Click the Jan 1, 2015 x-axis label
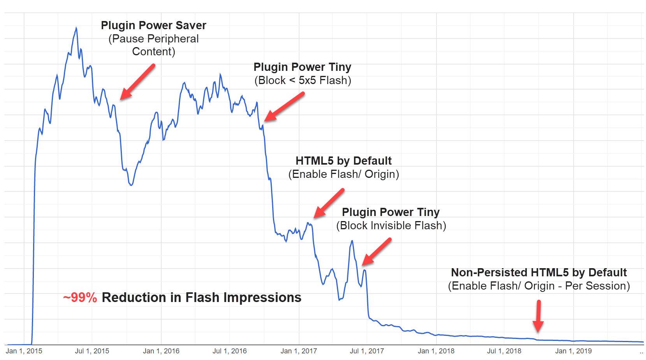coord(24,351)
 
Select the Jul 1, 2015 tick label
coord(92,351)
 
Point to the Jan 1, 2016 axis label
coord(161,351)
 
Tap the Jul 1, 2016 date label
coord(229,351)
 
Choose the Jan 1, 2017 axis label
coord(299,351)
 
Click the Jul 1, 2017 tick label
coord(367,351)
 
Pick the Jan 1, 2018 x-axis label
coord(436,351)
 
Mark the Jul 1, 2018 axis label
coord(504,351)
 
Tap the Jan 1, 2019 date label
coord(573,351)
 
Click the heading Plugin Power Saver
coord(153,25)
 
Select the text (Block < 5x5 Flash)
coord(303,81)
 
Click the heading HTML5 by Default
coord(343,161)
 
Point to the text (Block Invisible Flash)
coord(391,226)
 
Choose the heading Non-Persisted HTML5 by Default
coord(539,272)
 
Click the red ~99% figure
coord(80,298)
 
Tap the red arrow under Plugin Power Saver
coord(137,83)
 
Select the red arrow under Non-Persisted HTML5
coord(539,316)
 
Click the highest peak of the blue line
coord(76,28)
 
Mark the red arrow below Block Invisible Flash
coord(377,252)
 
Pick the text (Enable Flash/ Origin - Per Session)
coord(539,286)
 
